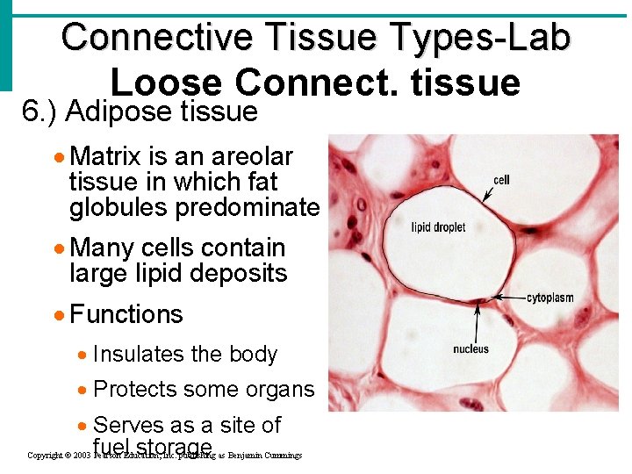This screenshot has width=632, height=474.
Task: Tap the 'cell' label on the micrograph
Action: pos(501,180)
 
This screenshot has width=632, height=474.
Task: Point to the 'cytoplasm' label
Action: pos(549,298)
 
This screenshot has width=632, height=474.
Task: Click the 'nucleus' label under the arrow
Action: pos(470,349)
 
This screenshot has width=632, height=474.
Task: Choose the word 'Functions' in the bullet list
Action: pos(126,314)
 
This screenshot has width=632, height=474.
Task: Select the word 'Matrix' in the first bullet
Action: pos(105,156)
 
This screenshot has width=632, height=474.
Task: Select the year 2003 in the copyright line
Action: pos(82,456)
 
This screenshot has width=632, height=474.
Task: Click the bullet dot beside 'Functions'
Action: pos(60,315)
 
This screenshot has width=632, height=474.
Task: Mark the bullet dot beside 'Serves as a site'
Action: pos(83,426)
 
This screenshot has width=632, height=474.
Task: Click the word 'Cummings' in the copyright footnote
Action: pos(282,456)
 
